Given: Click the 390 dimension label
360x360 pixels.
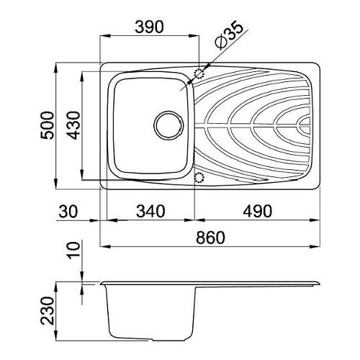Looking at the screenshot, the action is click(x=149, y=27).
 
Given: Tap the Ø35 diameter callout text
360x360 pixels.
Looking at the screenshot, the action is click(x=228, y=35).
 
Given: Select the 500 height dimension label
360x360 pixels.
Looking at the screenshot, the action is click(x=48, y=125).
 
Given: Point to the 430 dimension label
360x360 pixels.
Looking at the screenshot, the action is click(x=73, y=125).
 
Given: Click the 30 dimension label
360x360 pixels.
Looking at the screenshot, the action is click(x=68, y=212).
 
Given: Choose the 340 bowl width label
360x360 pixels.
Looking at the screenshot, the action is click(x=150, y=211).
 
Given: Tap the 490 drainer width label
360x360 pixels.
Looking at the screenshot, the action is click(x=258, y=211).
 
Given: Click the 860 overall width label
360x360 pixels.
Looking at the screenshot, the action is click(x=210, y=238).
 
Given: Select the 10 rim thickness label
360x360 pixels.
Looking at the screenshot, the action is click(x=73, y=250).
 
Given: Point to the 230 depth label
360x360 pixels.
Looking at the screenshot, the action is click(x=47, y=311).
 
